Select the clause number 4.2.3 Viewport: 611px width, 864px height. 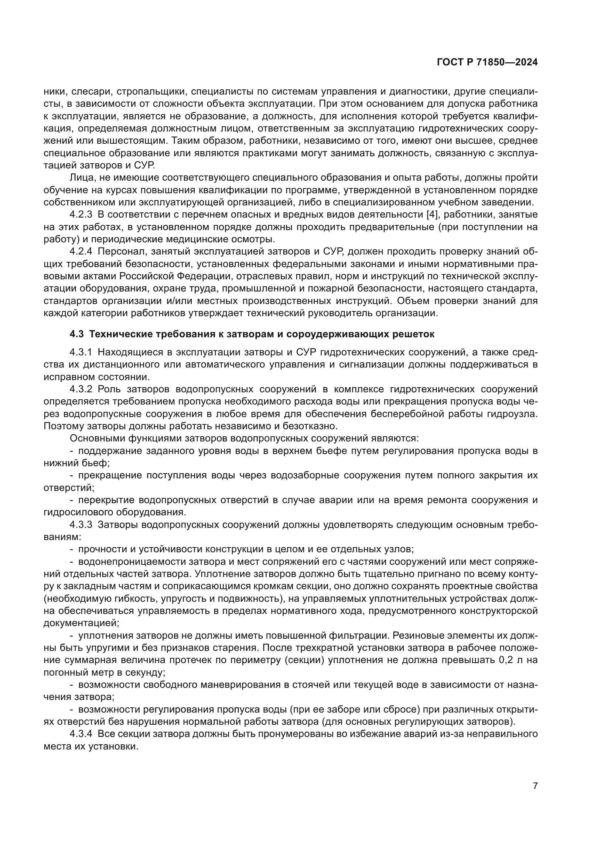tap(81, 215)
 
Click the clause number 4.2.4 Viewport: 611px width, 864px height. tap(81, 252)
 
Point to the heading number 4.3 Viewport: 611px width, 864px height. tap(77, 334)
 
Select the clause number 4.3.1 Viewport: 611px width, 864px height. tap(81, 352)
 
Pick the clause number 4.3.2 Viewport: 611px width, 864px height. tap(81, 389)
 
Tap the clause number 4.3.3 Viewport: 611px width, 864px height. tap(81, 525)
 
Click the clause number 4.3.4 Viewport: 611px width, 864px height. tap(81, 734)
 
